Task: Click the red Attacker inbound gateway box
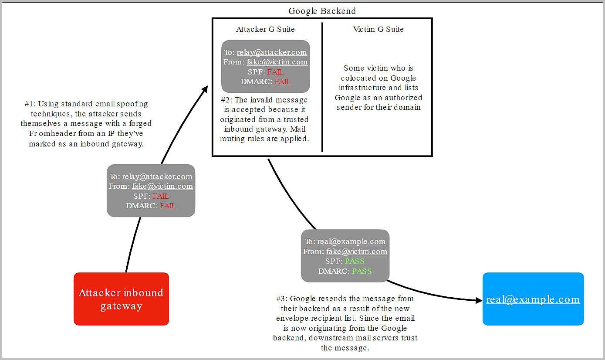121,299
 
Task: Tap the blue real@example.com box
533,299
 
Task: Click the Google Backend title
322,11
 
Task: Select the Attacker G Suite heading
265,29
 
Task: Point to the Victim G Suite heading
379,29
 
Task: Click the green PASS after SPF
355,261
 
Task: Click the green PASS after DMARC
362,271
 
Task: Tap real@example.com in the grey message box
352,241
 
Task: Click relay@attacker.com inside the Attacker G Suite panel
272,52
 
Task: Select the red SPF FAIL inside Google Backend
275,72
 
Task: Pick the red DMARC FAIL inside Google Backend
283,82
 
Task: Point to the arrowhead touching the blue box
479,300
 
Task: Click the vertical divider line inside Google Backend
322,87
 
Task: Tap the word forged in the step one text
140,123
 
